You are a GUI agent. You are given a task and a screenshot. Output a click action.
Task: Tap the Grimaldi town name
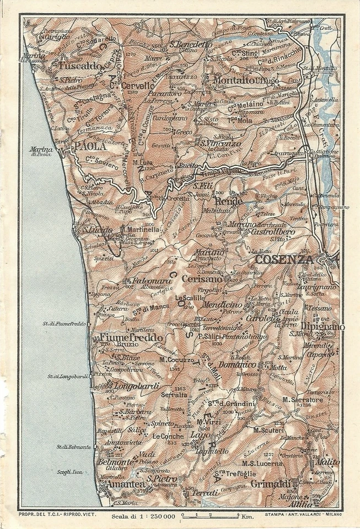point(270,484)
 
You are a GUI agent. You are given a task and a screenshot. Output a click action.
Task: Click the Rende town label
point(225,202)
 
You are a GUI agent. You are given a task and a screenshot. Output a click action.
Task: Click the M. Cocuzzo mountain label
point(176,360)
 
